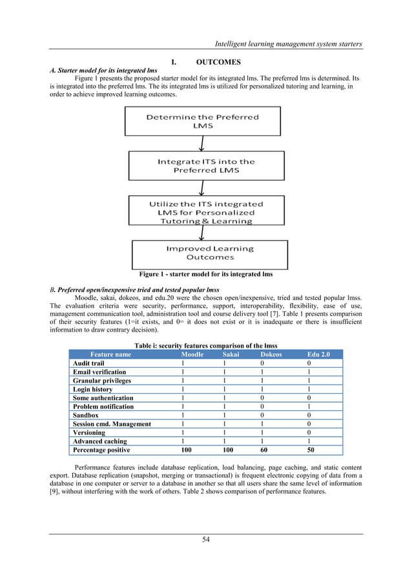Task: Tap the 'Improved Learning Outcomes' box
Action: (202, 253)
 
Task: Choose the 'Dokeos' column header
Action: (271, 354)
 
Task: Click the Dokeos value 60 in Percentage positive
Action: (263, 449)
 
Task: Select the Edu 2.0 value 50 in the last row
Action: (312, 449)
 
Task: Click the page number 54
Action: (205, 540)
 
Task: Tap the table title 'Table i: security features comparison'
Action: (205, 345)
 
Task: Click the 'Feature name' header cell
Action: (110, 354)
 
